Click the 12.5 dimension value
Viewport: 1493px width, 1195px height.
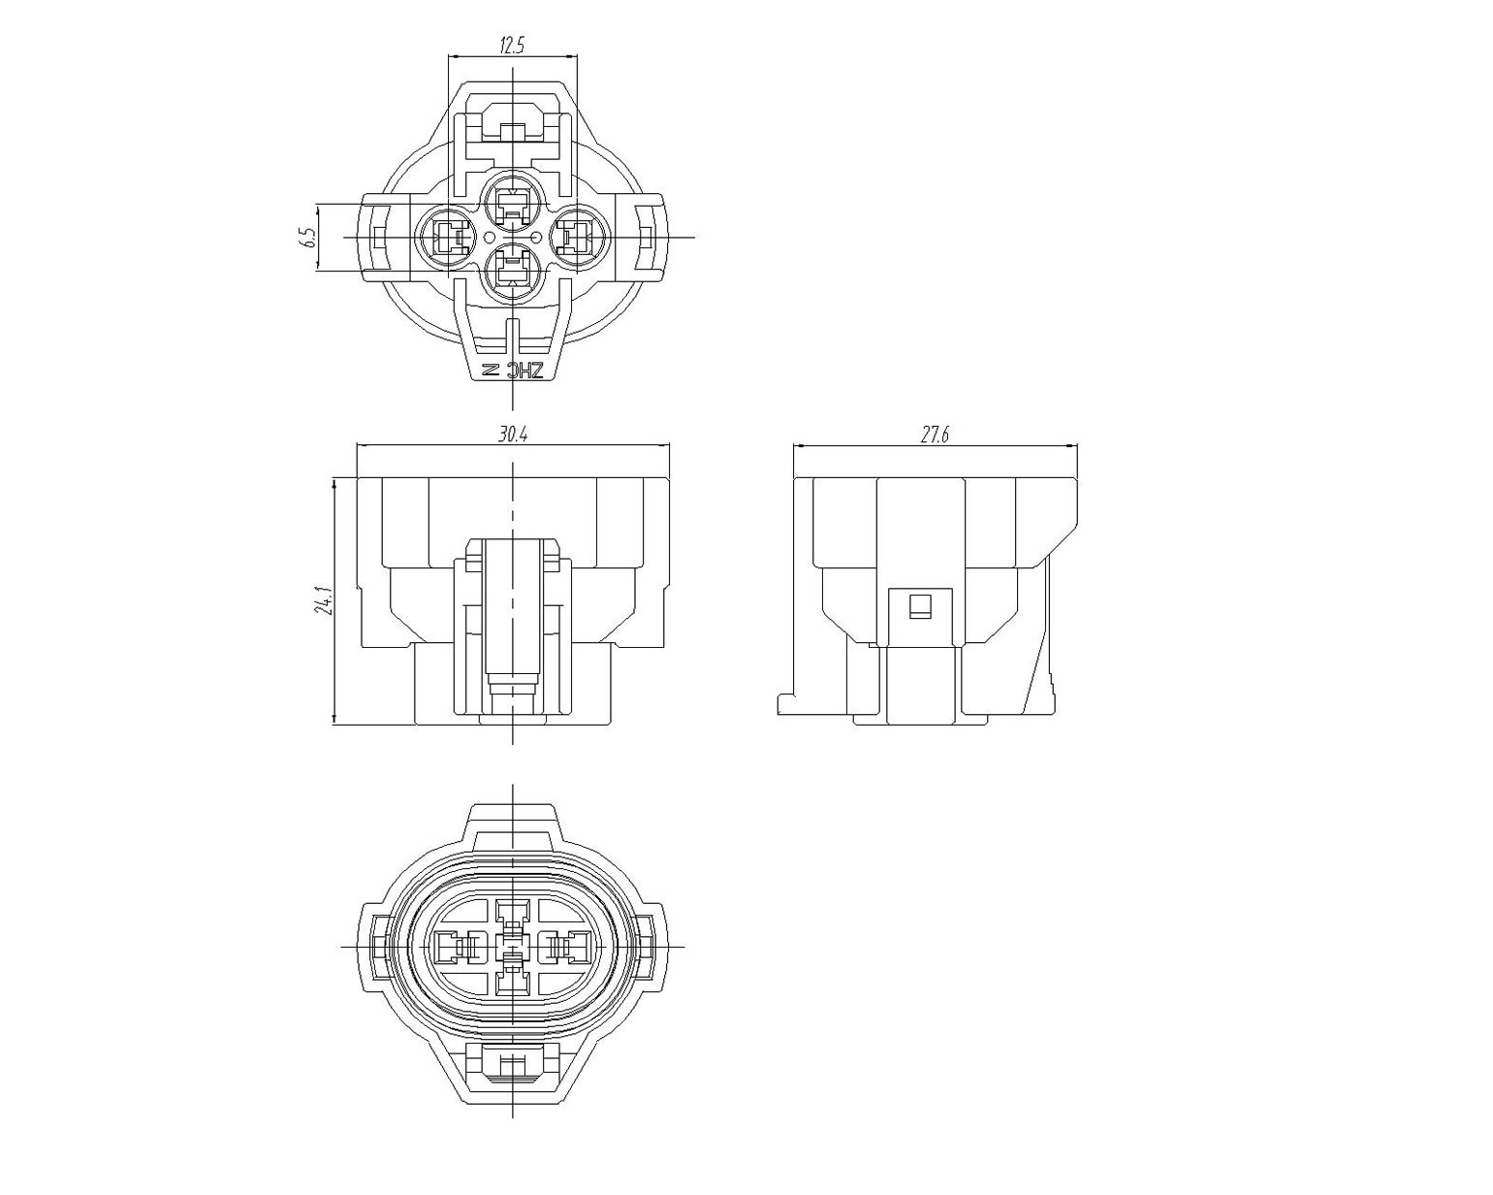[512, 46]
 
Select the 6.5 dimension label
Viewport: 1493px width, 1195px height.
[309, 238]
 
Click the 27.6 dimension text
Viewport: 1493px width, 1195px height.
[935, 435]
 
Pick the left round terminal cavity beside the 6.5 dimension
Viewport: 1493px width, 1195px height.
[444, 237]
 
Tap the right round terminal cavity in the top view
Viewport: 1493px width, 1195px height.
[580, 237]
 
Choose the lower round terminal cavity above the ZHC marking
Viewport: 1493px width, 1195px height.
[512, 274]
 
